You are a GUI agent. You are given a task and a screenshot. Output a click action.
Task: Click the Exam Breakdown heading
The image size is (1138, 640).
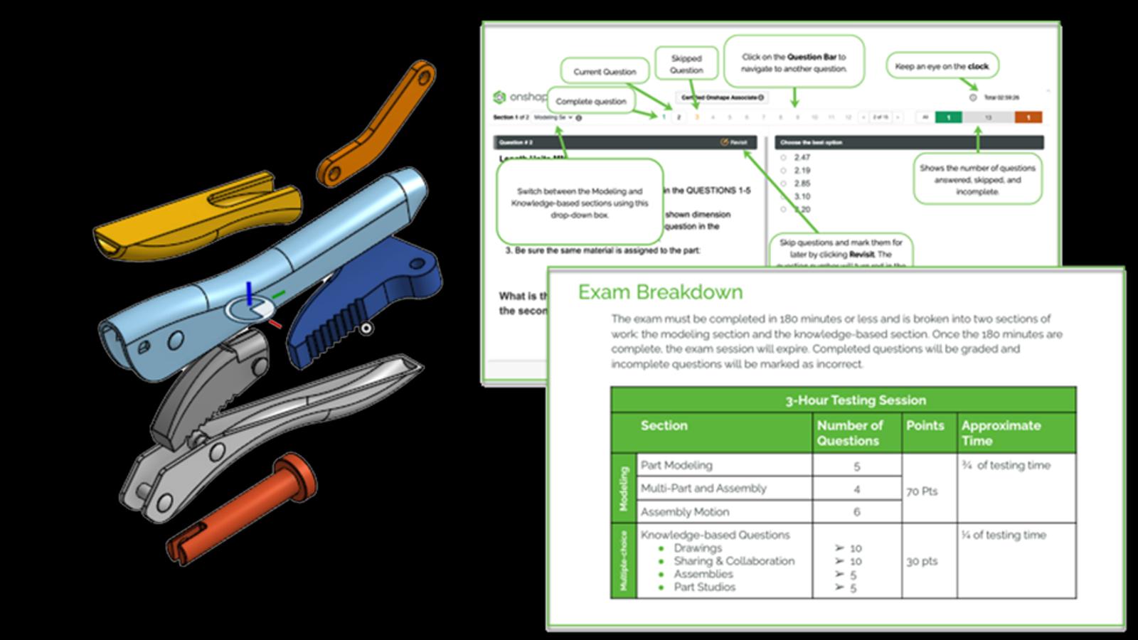tap(660, 292)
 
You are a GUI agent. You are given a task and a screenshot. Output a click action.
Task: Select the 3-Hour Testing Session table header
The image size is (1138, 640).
tap(855, 400)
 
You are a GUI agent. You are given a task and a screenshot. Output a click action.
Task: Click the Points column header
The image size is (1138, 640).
tap(925, 425)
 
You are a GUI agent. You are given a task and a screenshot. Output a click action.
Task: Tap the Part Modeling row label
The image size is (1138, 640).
tap(676, 465)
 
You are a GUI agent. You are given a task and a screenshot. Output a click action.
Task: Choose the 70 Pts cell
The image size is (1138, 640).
tap(922, 491)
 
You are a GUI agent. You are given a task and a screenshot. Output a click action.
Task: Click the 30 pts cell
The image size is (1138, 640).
tap(922, 561)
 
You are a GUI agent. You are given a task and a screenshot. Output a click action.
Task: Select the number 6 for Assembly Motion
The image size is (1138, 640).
tap(856, 512)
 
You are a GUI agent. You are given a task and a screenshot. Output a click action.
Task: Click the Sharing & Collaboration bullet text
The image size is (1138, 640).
tap(734, 561)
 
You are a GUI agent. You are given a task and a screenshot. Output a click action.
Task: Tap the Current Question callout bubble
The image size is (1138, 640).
tap(605, 72)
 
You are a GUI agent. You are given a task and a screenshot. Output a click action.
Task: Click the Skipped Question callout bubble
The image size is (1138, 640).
tap(686, 64)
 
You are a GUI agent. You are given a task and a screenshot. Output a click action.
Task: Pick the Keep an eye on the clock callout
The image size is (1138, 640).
tap(942, 66)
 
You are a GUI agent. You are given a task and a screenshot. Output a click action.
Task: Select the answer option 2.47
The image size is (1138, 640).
tap(802, 157)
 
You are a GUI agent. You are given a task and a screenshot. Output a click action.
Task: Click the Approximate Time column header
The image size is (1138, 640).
tap(1001, 432)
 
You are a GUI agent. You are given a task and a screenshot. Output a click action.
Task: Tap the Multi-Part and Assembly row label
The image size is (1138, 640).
tap(703, 489)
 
